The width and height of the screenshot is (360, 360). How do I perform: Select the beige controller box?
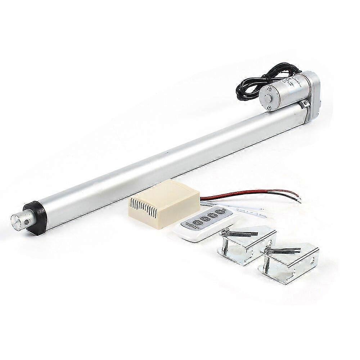[x=164, y=203]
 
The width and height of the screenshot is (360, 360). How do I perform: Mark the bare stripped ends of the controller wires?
[x=297, y=198]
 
